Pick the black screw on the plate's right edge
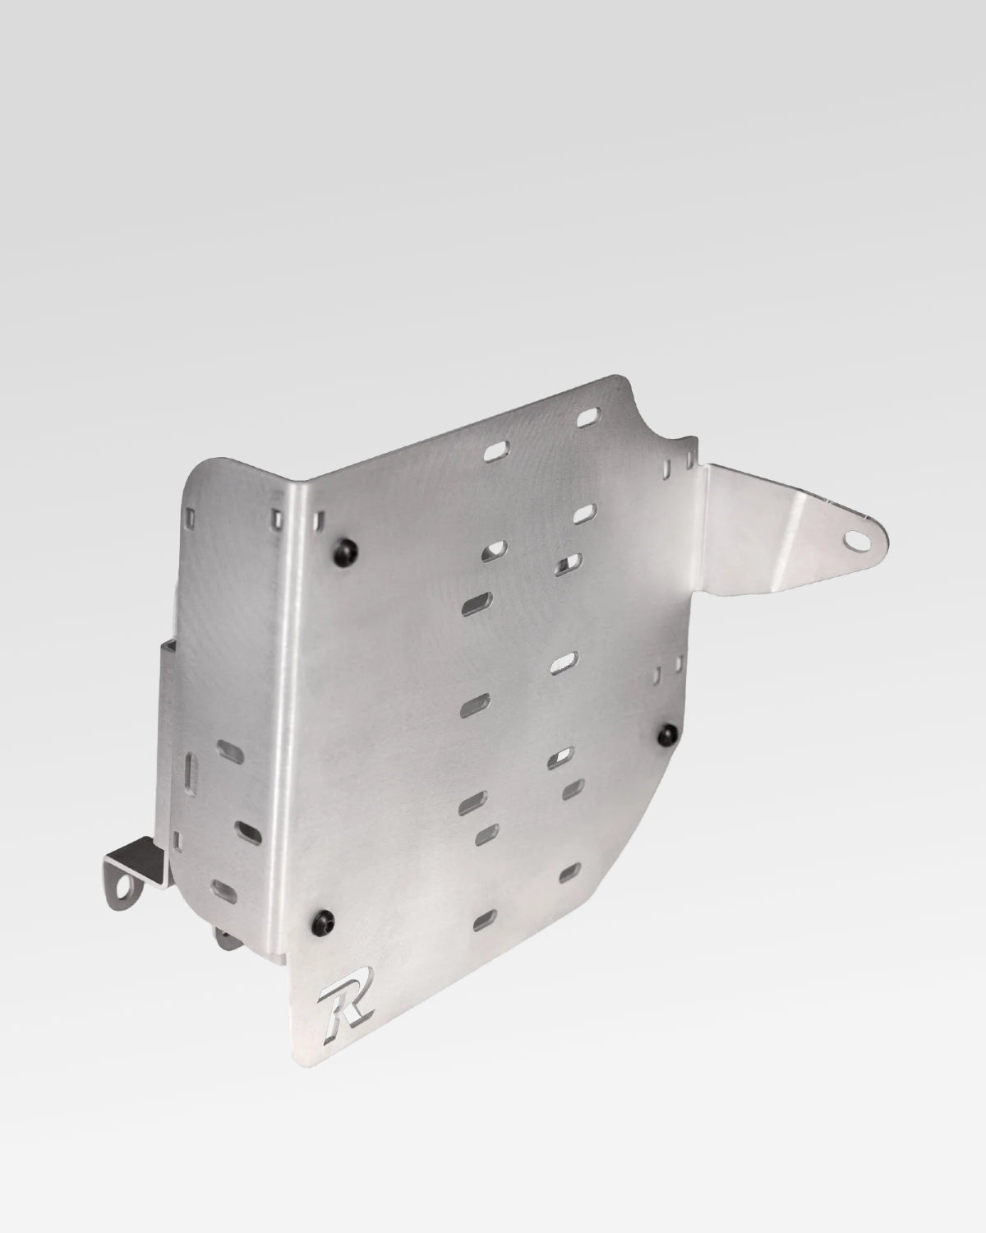point(671,730)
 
